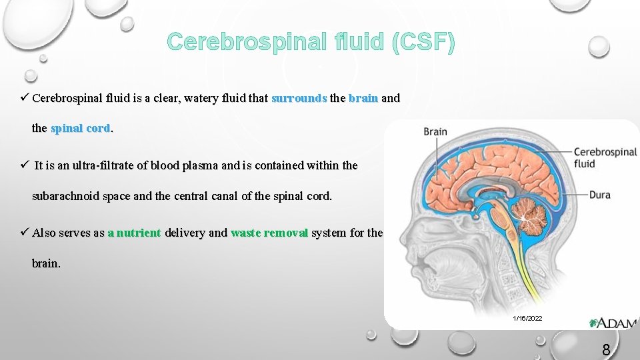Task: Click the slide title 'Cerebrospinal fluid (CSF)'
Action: (x=311, y=43)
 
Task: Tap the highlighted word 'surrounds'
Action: (x=299, y=98)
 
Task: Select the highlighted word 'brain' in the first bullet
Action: (x=363, y=98)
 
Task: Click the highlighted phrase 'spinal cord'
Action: (x=81, y=129)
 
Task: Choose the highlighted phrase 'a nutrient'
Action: (x=134, y=233)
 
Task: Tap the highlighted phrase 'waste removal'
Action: (x=269, y=233)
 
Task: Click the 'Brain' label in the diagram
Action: (x=435, y=131)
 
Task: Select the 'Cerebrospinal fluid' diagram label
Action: (x=605, y=157)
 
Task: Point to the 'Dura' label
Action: (x=599, y=195)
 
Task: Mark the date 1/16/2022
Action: (x=527, y=319)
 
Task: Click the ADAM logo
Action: (x=613, y=323)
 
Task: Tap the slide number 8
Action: (x=606, y=349)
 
